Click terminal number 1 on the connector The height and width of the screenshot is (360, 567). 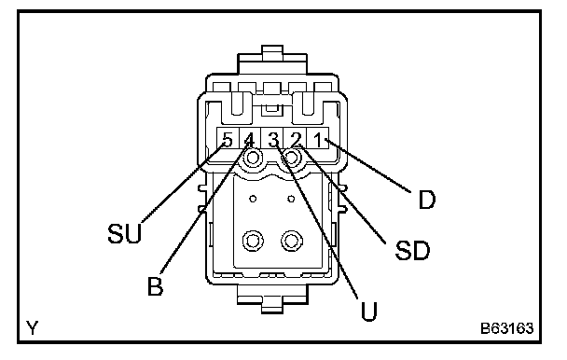(318, 139)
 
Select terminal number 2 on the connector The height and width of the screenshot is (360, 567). (297, 139)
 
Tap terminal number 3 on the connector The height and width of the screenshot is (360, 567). (274, 139)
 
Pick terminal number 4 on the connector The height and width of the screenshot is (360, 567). (250, 139)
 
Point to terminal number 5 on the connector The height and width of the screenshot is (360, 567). (228, 139)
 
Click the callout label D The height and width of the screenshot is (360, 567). (427, 200)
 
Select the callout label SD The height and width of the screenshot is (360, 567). (412, 251)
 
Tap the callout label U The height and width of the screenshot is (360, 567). (369, 312)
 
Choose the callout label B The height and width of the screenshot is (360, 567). (156, 285)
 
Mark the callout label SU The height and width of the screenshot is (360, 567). (125, 233)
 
